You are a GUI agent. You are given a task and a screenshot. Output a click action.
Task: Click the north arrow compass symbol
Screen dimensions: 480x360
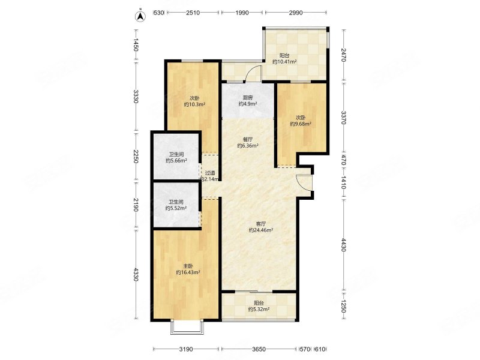pyautogui.click(x=140, y=16)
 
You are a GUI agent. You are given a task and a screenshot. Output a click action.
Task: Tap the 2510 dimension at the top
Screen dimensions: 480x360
pyautogui.click(x=193, y=13)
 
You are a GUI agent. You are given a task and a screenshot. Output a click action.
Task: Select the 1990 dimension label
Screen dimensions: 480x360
pyautogui.click(x=242, y=13)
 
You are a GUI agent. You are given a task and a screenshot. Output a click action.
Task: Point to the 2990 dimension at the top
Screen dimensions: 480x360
pyautogui.click(x=296, y=13)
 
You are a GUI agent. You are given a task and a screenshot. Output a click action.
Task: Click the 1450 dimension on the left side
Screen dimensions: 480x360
pyautogui.click(x=136, y=45)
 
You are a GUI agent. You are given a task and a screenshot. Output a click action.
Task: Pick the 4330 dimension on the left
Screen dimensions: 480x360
pyautogui.click(x=136, y=275)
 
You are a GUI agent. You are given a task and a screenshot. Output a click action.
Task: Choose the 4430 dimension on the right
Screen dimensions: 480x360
pyautogui.click(x=343, y=245)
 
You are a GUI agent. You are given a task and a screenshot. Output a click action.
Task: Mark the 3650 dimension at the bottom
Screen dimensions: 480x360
pyautogui.click(x=259, y=349)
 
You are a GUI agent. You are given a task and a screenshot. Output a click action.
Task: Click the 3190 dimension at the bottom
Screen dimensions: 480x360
pyautogui.click(x=186, y=349)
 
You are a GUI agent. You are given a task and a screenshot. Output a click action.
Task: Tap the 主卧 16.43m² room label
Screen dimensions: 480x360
pyautogui.click(x=188, y=269)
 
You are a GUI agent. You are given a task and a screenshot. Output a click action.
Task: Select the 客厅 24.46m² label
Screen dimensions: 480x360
pyautogui.click(x=261, y=227)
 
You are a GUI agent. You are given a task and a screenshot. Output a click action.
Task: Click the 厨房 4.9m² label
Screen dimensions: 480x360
pyautogui.click(x=248, y=101)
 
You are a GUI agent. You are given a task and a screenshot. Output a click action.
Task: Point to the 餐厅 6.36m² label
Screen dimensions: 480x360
pyautogui.click(x=248, y=143)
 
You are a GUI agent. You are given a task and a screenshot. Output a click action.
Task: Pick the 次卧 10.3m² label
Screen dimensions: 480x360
pyautogui.click(x=194, y=101)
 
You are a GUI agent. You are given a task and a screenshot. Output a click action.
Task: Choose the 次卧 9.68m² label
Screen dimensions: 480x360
pyautogui.click(x=301, y=121)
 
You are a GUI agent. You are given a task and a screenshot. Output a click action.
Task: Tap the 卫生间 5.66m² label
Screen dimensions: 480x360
pyautogui.click(x=176, y=158)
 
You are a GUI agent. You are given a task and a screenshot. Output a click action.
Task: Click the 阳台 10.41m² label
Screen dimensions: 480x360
pyautogui.click(x=284, y=59)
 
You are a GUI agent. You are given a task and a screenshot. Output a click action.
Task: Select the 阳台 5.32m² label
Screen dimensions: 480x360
pyautogui.click(x=259, y=306)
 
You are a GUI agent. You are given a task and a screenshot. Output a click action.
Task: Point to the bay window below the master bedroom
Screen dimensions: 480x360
pyautogui.click(x=187, y=327)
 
